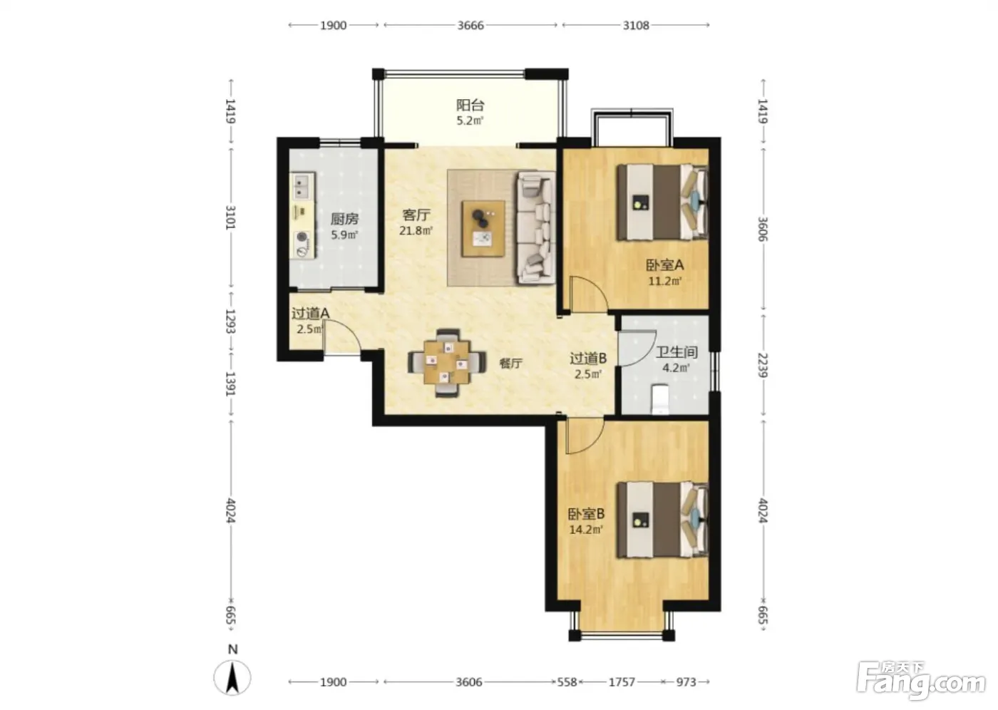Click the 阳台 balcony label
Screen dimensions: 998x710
[x=470, y=105]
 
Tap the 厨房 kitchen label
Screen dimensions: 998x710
[x=344, y=219]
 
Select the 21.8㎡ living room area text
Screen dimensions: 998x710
[x=416, y=231]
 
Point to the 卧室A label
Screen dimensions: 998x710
[x=664, y=265]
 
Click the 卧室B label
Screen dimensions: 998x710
[x=586, y=514]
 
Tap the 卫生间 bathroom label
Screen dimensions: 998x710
[x=677, y=352]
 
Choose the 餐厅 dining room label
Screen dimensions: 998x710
[x=510, y=364]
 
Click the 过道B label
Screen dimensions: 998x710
[x=588, y=358]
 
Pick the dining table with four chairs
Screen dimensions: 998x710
[x=447, y=363]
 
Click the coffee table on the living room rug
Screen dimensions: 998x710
[x=483, y=229]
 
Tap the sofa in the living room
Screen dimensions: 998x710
[x=536, y=227]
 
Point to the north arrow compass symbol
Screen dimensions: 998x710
[x=232, y=677]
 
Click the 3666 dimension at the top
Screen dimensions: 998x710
[x=470, y=26]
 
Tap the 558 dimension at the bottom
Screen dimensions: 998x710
[x=567, y=682]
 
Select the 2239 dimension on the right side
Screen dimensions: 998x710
[x=763, y=365]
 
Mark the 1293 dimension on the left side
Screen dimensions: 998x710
[x=230, y=321]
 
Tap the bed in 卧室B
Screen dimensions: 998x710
[x=662, y=520]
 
